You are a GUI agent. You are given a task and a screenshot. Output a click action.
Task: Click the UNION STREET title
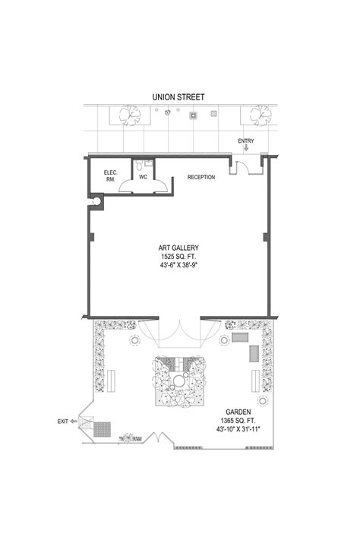click(x=178, y=96)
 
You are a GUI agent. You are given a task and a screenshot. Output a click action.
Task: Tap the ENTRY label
click(x=246, y=141)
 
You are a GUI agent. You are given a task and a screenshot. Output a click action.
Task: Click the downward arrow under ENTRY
click(x=245, y=148)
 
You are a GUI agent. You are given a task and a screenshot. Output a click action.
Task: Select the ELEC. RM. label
click(x=110, y=176)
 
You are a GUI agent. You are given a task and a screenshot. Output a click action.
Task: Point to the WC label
click(x=143, y=177)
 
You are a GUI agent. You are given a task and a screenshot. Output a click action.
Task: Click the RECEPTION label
click(x=201, y=177)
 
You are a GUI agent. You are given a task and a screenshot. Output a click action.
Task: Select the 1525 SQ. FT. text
click(x=178, y=257)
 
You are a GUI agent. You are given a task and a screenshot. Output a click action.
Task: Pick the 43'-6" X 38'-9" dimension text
click(x=178, y=267)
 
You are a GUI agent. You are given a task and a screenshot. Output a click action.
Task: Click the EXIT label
click(x=62, y=421)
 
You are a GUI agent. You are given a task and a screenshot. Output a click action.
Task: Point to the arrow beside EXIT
click(x=74, y=421)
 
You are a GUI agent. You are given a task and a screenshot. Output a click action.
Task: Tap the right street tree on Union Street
click(x=257, y=115)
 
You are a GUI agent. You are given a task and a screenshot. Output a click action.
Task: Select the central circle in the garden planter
click(x=180, y=380)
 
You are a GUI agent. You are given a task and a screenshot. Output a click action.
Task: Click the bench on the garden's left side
click(x=112, y=379)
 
